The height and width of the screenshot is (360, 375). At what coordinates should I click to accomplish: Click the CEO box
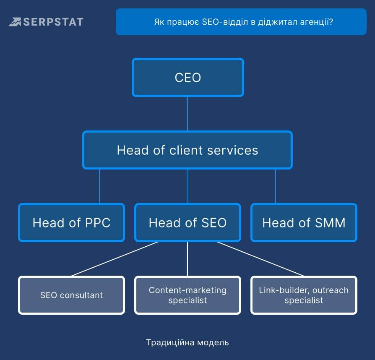188,77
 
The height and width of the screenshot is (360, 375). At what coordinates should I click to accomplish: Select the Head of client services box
187,150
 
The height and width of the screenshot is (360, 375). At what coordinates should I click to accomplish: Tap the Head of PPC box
71,222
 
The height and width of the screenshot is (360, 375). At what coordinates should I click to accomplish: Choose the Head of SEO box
187,222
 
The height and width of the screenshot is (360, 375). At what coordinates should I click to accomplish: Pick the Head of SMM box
304,222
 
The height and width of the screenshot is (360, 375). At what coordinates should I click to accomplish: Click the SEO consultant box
71,295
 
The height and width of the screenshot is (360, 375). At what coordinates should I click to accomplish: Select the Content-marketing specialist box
187,295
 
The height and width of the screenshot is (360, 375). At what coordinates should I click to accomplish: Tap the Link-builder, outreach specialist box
304,295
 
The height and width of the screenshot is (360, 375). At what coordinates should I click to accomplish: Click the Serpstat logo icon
15,22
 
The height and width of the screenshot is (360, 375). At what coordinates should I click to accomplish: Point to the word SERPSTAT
53,22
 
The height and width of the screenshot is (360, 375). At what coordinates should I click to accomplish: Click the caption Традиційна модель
187,342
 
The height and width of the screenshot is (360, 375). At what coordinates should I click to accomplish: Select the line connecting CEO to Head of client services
187,114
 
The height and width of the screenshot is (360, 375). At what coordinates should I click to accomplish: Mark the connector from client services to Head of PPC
99,186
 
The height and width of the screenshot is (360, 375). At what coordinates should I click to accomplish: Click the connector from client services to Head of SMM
276,186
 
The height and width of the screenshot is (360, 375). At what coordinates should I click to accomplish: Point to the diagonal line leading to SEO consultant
115,259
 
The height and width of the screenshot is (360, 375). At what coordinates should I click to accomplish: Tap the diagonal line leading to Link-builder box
260,259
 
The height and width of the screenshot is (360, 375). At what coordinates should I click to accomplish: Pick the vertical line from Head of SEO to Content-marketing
187,259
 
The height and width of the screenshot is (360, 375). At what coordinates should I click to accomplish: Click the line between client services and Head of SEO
188,186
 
